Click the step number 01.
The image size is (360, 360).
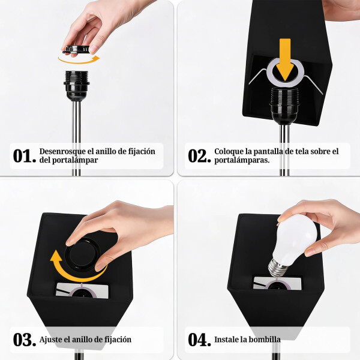tap(25, 156)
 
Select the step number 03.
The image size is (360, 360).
tap(25, 340)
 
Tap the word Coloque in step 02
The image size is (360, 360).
tap(229, 151)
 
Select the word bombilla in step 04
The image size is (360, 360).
tap(263, 340)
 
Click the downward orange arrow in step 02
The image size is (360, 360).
tap(285, 58)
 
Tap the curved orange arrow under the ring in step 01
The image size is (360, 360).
tap(78, 59)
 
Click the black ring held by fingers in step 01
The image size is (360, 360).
tap(79, 49)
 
